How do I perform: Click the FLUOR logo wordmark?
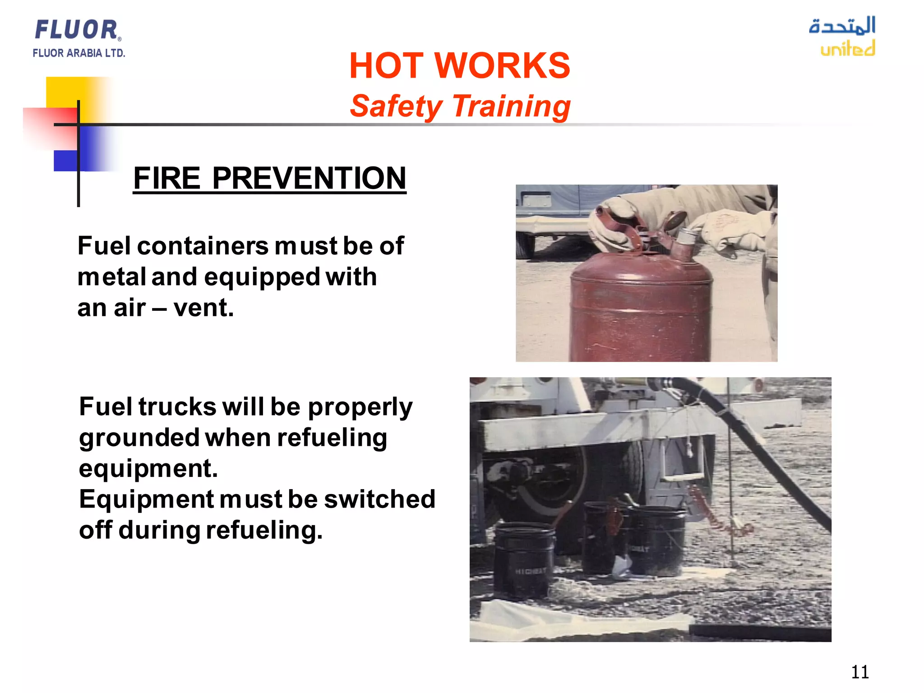pyautogui.click(x=77, y=30)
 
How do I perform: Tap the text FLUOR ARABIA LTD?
pyautogui.click(x=79, y=53)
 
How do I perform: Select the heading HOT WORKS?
pyautogui.click(x=459, y=66)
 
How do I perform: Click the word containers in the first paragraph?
pyautogui.click(x=203, y=246)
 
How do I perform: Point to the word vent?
pyautogui.click(x=203, y=308)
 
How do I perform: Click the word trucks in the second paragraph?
pyautogui.click(x=177, y=407)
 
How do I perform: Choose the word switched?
pyautogui.click(x=379, y=499)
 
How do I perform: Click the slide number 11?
pyautogui.click(x=859, y=672)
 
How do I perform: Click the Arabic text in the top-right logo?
pyautogui.click(x=842, y=26)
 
